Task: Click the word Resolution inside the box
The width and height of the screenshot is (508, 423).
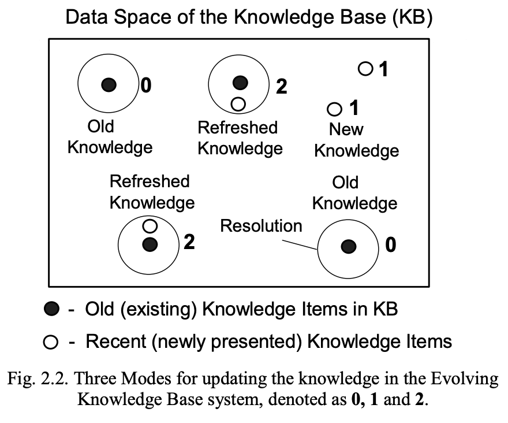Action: click(x=261, y=226)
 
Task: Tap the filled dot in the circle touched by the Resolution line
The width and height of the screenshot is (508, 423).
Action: click(x=348, y=247)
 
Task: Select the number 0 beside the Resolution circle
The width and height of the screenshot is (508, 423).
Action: click(x=391, y=246)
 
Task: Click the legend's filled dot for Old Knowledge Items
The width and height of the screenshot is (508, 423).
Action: click(x=51, y=310)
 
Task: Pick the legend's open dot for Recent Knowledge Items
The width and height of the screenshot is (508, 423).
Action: click(x=51, y=342)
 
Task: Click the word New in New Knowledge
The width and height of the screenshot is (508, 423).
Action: click(x=346, y=129)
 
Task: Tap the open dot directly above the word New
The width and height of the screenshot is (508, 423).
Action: click(x=334, y=109)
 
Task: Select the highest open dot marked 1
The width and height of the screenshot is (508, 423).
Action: click(x=365, y=69)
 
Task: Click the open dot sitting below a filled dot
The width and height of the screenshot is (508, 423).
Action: click(x=238, y=104)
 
